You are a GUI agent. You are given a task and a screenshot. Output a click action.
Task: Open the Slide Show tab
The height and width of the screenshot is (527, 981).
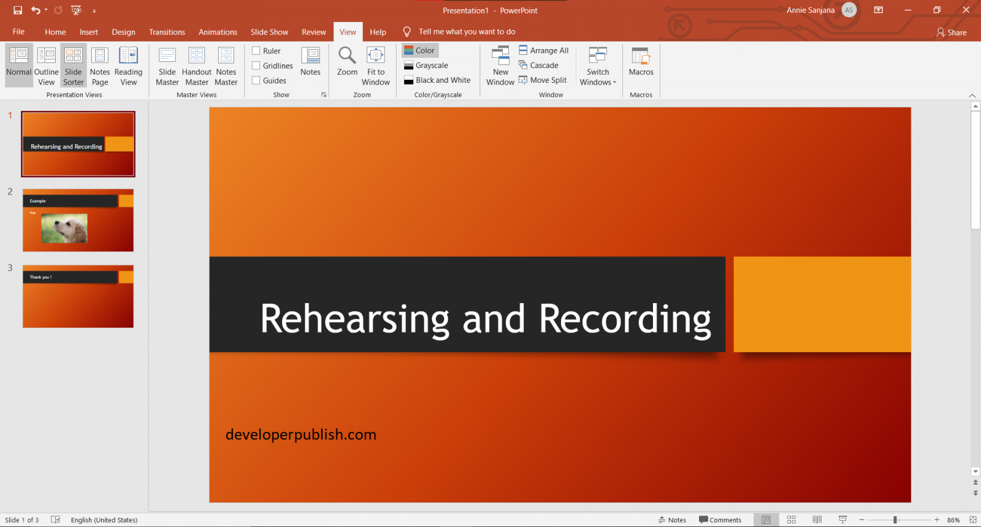pyautogui.click(x=269, y=32)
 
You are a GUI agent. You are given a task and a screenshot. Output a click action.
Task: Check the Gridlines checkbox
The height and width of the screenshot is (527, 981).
pyautogui.click(x=256, y=66)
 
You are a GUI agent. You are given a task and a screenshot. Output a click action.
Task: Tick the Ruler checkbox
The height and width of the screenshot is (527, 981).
pyautogui.click(x=256, y=51)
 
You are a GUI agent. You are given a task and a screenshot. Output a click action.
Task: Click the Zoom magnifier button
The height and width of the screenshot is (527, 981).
pyautogui.click(x=347, y=61)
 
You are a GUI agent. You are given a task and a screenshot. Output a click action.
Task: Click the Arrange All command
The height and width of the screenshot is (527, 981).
pyautogui.click(x=544, y=50)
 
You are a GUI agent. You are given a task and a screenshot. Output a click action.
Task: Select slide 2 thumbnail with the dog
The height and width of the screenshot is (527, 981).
pyautogui.click(x=78, y=220)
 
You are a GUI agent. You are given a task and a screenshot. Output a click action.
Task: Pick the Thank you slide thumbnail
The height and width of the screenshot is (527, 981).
pyautogui.click(x=78, y=296)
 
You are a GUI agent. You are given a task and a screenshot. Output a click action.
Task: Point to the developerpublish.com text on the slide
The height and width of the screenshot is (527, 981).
pyautogui.click(x=300, y=434)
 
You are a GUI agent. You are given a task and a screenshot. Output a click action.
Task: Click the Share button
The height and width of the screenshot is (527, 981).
pyautogui.click(x=952, y=33)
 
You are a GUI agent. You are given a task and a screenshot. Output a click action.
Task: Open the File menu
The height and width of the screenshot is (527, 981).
pyautogui.click(x=18, y=32)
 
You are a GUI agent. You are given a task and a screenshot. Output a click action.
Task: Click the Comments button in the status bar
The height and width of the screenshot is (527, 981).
pyautogui.click(x=720, y=520)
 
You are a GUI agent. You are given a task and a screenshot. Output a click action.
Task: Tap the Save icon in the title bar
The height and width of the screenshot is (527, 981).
pyautogui.click(x=18, y=10)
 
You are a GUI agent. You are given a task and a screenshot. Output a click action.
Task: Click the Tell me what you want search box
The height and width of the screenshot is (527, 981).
pyautogui.click(x=467, y=32)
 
